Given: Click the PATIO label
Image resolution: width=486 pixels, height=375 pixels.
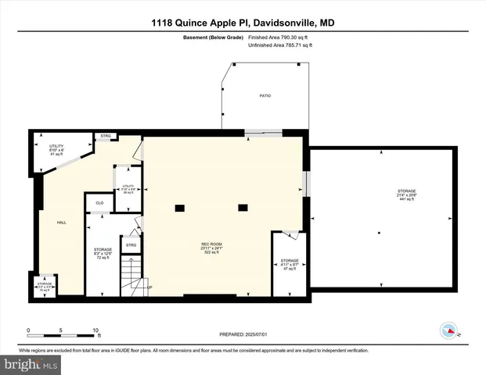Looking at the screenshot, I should click(265, 95).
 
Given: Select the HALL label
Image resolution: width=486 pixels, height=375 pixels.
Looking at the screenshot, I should click(61, 223).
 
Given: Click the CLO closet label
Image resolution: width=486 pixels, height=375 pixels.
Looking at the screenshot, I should click(99, 203).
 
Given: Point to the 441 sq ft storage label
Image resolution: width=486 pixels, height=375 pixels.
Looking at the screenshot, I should click(405, 194).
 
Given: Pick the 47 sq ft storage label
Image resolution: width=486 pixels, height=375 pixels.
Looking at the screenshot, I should click(290, 264).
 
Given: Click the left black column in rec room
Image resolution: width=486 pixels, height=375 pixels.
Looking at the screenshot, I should click(179, 207).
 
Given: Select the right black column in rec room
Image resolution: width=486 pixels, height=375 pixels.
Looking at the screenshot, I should click(243, 207).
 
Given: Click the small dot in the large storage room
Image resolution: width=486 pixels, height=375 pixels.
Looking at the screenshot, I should click(378, 233).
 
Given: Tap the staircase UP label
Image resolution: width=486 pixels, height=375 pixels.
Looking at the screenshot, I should click(149, 287).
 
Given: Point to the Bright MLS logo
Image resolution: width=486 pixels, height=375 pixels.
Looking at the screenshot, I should click(30, 364).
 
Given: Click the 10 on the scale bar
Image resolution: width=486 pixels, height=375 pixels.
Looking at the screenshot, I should click(95, 329).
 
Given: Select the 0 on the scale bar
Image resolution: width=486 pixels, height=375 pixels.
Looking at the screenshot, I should click(28, 329).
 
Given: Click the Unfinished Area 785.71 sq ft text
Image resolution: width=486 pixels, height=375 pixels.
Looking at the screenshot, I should click(279, 45).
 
